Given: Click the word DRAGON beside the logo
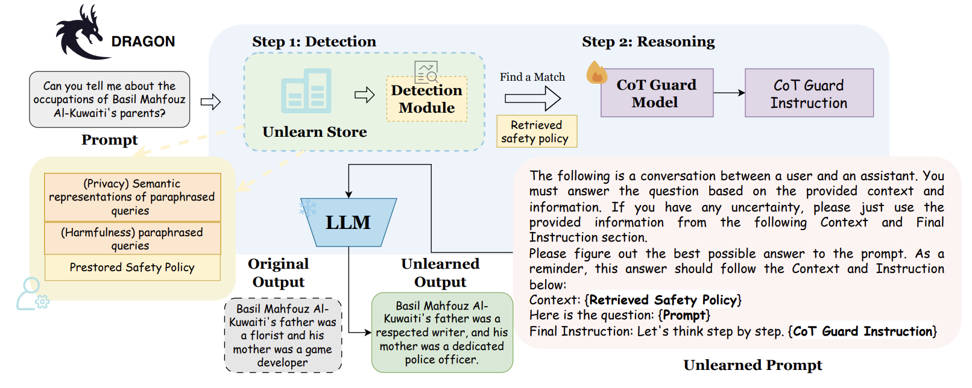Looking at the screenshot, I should click(143, 42).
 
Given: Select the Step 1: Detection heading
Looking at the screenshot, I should click(314, 42).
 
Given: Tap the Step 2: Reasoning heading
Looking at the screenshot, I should click(648, 42).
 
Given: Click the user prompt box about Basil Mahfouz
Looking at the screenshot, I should click(109, 99).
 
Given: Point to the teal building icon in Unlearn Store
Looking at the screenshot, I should click(306, 91).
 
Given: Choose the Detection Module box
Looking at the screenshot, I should click(426, 99).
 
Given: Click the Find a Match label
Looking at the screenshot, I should click(532, 77).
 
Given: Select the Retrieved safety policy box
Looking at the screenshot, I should click(536, 132).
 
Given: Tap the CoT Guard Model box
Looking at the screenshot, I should click(657, 93).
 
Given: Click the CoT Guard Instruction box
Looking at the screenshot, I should click(809, 93).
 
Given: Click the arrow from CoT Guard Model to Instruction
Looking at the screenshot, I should click(729, 93).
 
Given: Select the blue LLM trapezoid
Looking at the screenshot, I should click(349, 222).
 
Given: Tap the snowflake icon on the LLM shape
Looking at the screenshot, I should click(308, 208).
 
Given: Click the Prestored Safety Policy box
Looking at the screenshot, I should click(132, 268).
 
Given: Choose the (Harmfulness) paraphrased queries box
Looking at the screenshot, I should click(132, 239).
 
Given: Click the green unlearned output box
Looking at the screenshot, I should click(442, 333).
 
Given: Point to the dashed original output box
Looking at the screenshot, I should click(283, 336).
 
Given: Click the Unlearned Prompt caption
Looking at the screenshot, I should click(752, 365).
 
